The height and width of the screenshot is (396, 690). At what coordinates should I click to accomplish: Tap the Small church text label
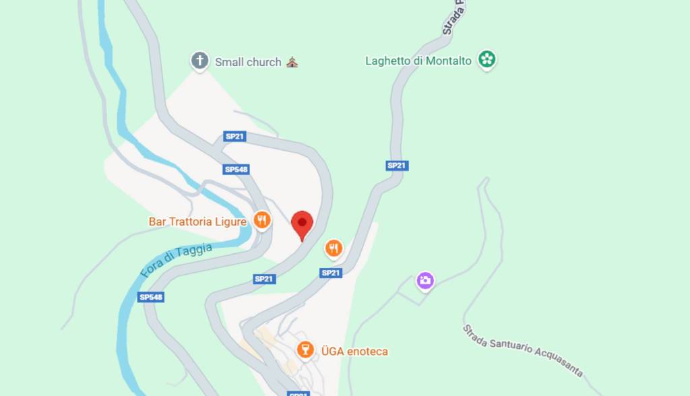[x=248, y=62]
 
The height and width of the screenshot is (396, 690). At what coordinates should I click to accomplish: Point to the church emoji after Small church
[x=292, y=62]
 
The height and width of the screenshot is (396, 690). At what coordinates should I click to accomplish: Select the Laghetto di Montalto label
[x=418, y=61]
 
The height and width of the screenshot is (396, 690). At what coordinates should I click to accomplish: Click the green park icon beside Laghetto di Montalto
[x=487, y=60]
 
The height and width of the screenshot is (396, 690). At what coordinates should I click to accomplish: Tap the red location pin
[x=302, y=225]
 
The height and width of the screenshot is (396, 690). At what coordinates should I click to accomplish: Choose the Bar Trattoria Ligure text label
[x=197, y=222]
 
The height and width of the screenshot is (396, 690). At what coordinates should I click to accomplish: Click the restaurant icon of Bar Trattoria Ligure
[x=262, y=220]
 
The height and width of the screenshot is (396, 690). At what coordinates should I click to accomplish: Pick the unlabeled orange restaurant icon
[x=334, y=249]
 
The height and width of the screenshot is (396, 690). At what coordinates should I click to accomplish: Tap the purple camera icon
[x=425, y=280]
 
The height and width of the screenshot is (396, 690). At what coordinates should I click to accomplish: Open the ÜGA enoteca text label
[x=354, y=352]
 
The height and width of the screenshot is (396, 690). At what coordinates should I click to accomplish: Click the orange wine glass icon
[x=305, y=350]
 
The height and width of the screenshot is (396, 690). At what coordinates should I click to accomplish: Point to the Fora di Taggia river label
[x=176, y=261]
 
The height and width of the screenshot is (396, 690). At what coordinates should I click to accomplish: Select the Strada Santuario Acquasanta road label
[x=523, y=351]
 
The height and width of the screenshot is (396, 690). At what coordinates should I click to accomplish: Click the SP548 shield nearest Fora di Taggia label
[x=152, y=297]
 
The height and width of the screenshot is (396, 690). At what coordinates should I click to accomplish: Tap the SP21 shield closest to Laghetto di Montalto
[x=397, y=166]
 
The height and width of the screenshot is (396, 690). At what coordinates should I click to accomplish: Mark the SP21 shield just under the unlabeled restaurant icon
[x=331, y=273]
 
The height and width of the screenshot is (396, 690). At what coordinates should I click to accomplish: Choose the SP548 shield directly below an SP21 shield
[x=236, y=170]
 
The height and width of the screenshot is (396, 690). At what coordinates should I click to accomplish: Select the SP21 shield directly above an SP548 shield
[x=234, y=137]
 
